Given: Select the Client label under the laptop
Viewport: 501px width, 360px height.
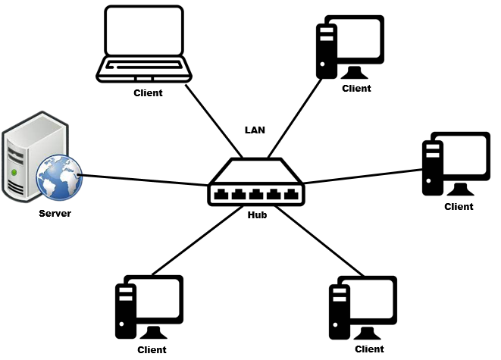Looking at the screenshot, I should [x=148, y=93].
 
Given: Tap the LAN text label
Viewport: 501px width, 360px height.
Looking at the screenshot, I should [x=254, y=129].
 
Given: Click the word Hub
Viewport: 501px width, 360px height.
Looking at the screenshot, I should [x=257, y=214].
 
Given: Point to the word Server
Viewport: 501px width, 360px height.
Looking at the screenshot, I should [x=55, y=213].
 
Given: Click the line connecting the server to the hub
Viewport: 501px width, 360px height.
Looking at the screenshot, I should [x=144, y=180].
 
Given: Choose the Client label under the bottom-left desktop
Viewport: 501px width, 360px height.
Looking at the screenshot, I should [x=152, y=350].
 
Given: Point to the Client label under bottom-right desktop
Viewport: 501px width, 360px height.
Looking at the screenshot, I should [x=369, y=349].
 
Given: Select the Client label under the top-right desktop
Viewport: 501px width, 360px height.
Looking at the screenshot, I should [x=356, y=89].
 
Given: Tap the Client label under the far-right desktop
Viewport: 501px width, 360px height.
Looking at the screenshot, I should [x=459, y=206].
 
